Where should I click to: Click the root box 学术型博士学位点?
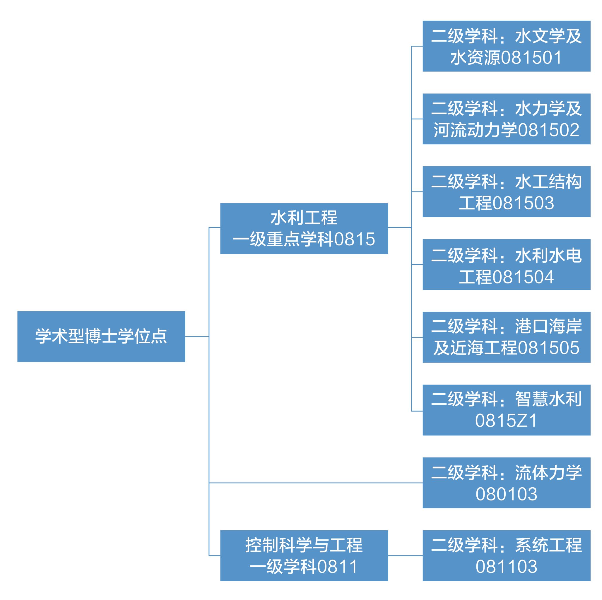101,336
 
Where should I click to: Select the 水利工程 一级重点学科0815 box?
304,228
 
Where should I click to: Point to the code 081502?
548,130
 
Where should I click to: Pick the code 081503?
524,203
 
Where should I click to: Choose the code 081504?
524,277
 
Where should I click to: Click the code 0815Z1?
506,420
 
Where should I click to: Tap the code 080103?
506,494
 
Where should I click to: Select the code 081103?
506,566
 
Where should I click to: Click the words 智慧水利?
548,399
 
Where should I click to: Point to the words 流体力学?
548,473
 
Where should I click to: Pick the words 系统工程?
548,545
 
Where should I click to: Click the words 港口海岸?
548,326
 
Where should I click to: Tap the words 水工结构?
548,181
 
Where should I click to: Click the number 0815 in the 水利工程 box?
355,239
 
